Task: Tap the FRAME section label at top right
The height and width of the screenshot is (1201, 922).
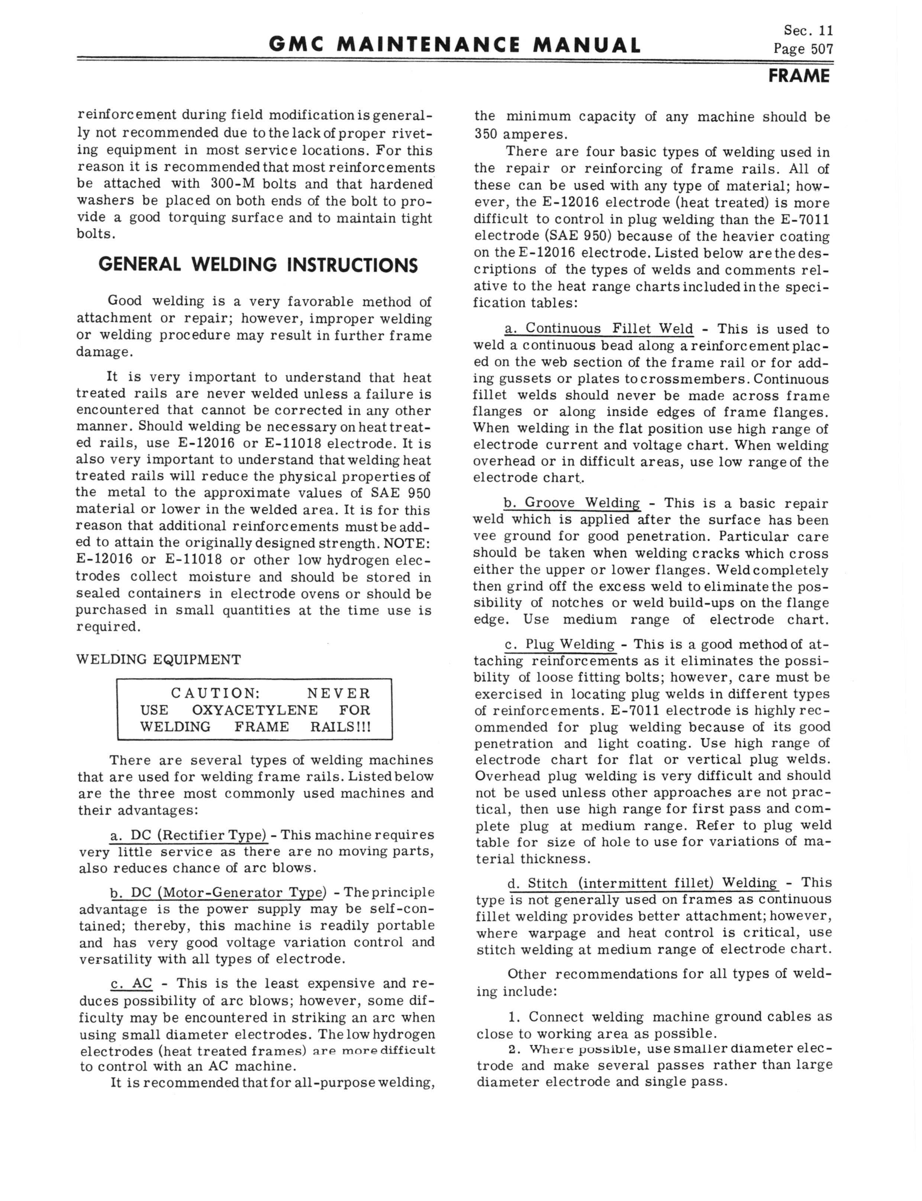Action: click(799, 76)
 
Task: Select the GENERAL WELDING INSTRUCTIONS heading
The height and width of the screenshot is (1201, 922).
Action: click(258, 265)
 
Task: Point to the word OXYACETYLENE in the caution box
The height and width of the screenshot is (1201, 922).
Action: click(255, 710)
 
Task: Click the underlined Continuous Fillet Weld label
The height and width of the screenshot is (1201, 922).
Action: click(599, 329)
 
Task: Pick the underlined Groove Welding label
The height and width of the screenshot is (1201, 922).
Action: click(571, 503)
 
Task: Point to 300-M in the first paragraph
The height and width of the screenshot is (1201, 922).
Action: click(230, 184)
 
